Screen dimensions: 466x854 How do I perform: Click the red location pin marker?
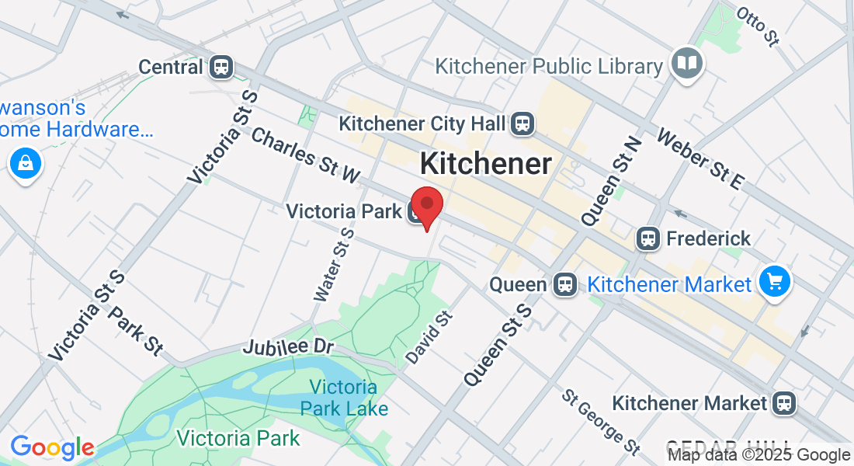point(426,204)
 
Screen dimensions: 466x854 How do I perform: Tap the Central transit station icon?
point(221,67)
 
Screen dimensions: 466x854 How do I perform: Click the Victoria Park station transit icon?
point(416,211)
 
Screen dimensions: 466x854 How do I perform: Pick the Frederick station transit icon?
point(647,238)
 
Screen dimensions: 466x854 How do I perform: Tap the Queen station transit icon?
point(565,285)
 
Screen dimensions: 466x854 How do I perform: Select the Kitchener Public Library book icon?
point(687,63)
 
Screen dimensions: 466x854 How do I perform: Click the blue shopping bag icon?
point(26,164)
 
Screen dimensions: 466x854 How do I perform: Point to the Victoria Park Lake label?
point(343,397)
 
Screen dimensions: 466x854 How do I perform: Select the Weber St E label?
point(700,158)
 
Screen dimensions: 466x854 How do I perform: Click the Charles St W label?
point(305,155)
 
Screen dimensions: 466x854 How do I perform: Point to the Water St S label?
point(334,264)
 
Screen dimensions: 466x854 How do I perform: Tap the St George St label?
point(602,422)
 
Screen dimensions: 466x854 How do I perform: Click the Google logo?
point(52,447)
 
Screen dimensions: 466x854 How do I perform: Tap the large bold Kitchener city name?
point(486,164)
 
